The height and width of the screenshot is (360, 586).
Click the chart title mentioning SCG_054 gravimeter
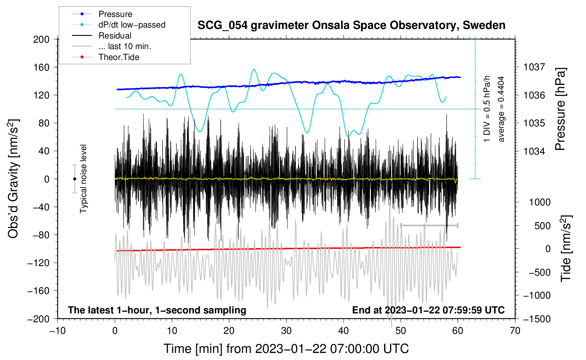tap(351, 25)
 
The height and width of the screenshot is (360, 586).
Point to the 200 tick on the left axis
tap(41, 40)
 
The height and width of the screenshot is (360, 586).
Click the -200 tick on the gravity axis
tap(38, 319)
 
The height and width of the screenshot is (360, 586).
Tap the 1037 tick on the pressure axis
tap(534, 67)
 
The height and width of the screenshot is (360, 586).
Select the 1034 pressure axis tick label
tap(534, 151)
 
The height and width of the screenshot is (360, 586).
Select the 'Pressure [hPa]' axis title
tap(560, 109)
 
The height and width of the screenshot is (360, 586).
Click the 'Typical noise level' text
tap(83, 179)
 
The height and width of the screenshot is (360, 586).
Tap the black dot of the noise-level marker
tap(74, 179)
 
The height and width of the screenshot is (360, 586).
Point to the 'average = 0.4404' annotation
tap(501, 109)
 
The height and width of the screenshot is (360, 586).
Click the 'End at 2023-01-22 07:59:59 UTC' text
tap(428, 310)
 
